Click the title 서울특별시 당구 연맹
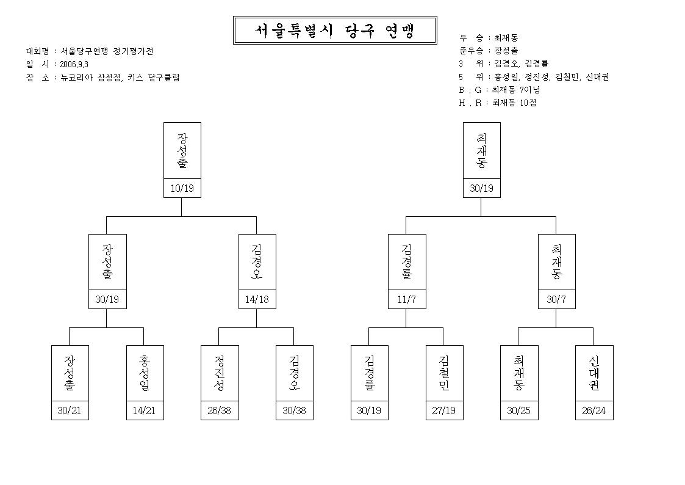click(335, 30)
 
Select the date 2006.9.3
click(74, 64)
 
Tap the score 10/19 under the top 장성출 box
click(182, 189)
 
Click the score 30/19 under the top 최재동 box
click(481, 189)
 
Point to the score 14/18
click(257, 299)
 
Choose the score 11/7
click(407, 299)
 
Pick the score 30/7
click(556, 299)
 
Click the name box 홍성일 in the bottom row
click(145, 373)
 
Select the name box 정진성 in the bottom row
click(220, 373)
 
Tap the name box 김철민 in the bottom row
click(444, 373)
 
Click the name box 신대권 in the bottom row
click(594, 373)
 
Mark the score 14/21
click(144, 410)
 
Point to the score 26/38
click(220, 410)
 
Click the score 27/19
click(444, 410)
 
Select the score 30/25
click(518, 410)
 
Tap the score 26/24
click(594, 410)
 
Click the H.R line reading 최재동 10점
click(514, 103)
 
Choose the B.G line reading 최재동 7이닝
click(516, 90)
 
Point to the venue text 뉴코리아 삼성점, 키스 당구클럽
click(120, 78)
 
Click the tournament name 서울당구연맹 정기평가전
click(107, 51)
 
